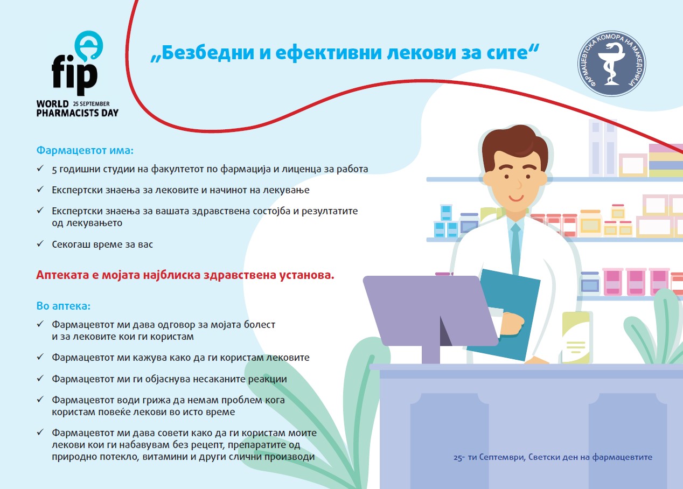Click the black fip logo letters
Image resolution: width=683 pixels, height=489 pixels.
click(x=74, y=75)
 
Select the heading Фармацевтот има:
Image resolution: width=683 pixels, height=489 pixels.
click(x=85, y=150)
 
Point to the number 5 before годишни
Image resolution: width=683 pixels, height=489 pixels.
click(x=54, y=170)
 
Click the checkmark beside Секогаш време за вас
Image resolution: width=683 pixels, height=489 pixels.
click(x=40, y=244)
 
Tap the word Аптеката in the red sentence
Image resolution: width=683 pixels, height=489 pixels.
click(x=66, y=275)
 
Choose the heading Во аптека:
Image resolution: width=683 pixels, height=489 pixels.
click(x=64, y=306)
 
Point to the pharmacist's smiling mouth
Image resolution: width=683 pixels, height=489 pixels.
click(x=516, y=198)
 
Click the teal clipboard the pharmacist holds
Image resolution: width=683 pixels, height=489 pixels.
click(x=507, y=314)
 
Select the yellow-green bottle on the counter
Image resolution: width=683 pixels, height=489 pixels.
click(x=576, y=337)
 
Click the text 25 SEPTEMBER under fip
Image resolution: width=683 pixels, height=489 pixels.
click(x=91, y=103)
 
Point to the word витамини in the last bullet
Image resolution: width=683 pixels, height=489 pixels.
click(x=165, y=457)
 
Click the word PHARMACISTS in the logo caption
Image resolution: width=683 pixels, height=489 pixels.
click(x=67, y=113)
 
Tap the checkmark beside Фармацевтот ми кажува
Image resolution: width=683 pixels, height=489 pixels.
click(x=40, y=357)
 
